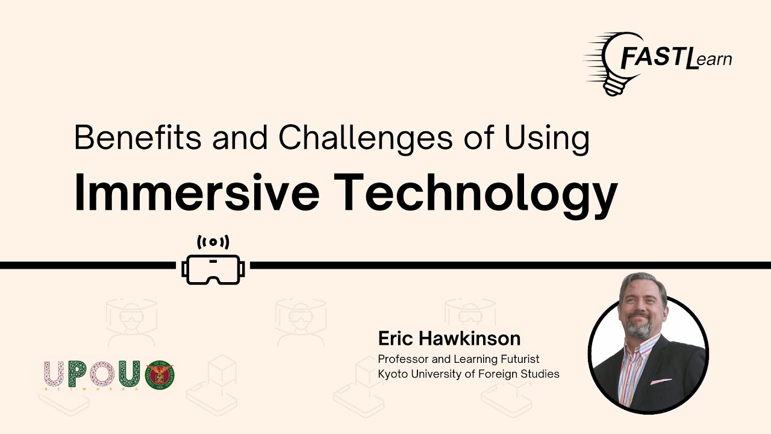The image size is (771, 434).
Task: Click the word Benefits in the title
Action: [x=138, y=137]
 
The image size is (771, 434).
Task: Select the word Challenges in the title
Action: [x=365, y=139]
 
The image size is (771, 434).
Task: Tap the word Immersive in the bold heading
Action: [x=197, y=192]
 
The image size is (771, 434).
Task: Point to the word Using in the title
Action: [x=547, y=139]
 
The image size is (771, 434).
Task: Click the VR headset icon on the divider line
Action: [x=213, y=269]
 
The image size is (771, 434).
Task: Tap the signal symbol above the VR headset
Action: [x=213, y=242]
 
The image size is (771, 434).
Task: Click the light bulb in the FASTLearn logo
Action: [x=614, y=64]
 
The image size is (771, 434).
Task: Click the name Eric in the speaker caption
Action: [x=395, y=338]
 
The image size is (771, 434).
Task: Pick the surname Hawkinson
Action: [x=469, y=338]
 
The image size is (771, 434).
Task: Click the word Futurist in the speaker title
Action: [x=520, y=359]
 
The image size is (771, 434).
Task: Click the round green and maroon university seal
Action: [x=160, y=375]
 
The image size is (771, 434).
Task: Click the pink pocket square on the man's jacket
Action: [x=661, y=382]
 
